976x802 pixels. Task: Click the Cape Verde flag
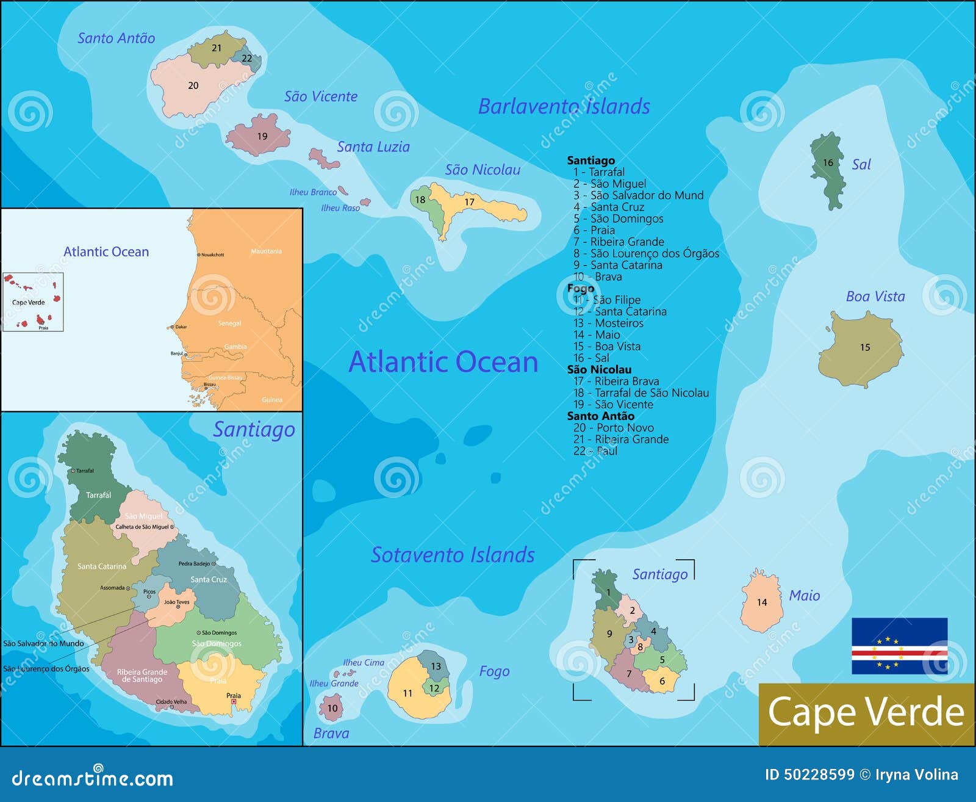click(899, 646)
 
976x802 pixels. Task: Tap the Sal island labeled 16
click(828, 171)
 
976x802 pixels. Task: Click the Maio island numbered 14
click(762, 602)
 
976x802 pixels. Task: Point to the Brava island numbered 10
click(331, 708)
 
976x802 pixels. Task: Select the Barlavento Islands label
click(564, 106)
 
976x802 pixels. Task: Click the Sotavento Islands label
click(453, 555)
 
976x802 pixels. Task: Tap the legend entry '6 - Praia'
click(594, 230)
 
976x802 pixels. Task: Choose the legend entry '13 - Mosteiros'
click(608, 323)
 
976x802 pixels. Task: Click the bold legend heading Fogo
click(580, 288)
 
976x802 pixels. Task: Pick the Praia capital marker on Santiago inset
click(234, 703)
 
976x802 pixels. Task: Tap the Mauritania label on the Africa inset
click(266, 251)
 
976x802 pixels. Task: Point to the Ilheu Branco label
click(313, 192)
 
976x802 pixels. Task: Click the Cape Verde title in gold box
click(866, 712)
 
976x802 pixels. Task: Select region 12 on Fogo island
click(434, 688)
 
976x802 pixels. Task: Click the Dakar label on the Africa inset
click(181, 327)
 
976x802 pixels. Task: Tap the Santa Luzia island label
click(373, 147)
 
